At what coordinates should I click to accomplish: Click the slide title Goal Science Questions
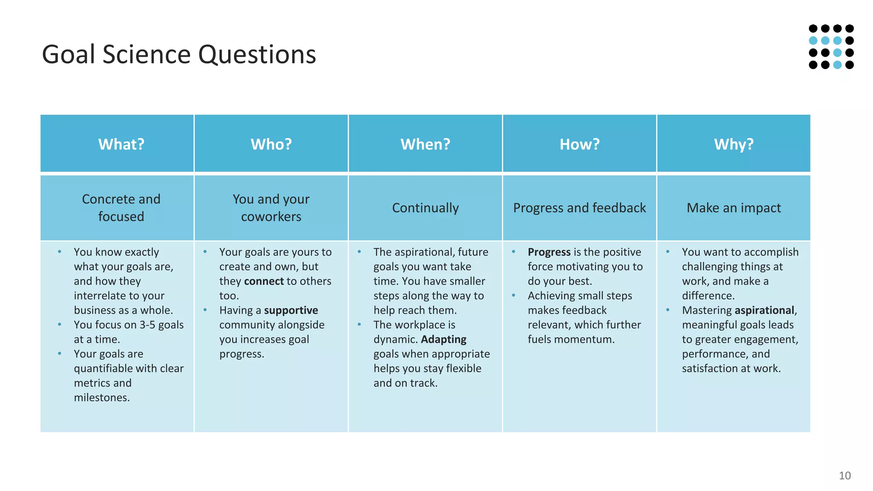(179, 55)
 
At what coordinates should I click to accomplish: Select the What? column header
(121, 144)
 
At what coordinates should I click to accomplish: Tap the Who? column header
(271, 144)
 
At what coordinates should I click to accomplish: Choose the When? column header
(425, 144)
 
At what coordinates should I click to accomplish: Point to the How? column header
(579, 144)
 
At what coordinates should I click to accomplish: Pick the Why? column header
(734, 144)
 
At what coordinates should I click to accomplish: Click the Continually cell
(425, 208)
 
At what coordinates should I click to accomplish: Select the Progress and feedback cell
(579, 208)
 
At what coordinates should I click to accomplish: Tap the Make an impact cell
(734, 208)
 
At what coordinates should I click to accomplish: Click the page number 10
(844, 476)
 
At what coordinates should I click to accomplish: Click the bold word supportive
(291, 310)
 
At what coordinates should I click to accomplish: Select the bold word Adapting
(443, 339)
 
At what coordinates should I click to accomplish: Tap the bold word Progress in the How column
(549, 252)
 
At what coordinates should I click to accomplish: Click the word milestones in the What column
(101, 398)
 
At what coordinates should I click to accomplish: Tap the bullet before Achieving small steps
(514, 295)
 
